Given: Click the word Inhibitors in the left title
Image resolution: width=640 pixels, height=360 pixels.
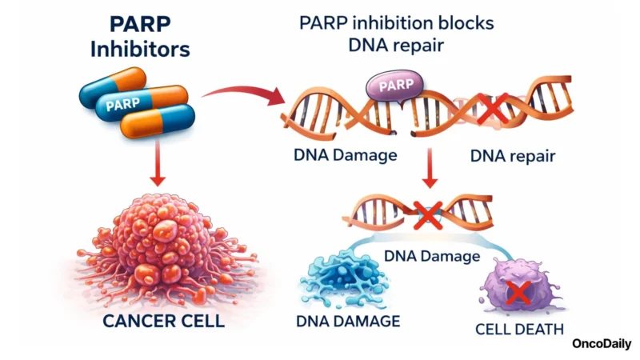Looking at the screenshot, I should click(140, 50).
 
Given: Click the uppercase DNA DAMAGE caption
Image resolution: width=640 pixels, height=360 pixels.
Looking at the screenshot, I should click(348, 322).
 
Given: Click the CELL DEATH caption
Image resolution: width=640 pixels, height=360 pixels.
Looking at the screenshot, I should click(518, 328).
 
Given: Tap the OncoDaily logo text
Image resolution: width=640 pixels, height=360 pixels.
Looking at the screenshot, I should click(602, 344).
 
